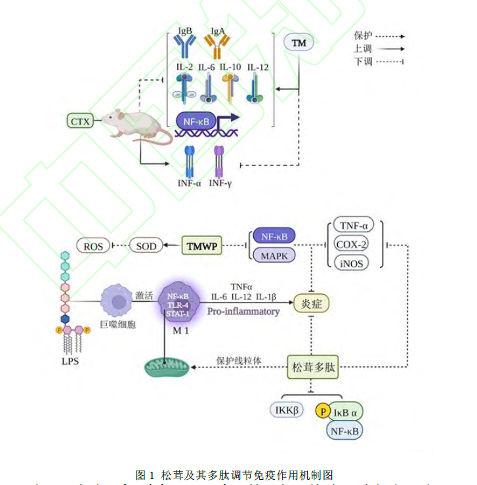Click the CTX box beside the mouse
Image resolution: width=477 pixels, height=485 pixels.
coord(81,121)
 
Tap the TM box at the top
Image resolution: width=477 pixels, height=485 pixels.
coord(299,43)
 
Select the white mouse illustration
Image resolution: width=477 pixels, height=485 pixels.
coord(135,124)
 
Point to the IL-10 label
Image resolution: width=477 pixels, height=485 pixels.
coord(231,67)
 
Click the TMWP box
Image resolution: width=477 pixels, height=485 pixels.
coord(201,246)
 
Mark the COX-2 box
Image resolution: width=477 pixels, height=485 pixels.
coord(351,244)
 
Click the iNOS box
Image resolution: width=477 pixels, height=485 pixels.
coord(351,263)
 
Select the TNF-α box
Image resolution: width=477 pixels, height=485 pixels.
coord(351,226)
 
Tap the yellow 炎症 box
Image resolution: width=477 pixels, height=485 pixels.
coord(311,304)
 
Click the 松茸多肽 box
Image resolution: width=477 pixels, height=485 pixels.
coord(312,368)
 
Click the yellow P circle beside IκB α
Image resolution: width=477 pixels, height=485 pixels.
coord(323,411)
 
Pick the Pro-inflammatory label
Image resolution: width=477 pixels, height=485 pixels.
coord(243,311)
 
